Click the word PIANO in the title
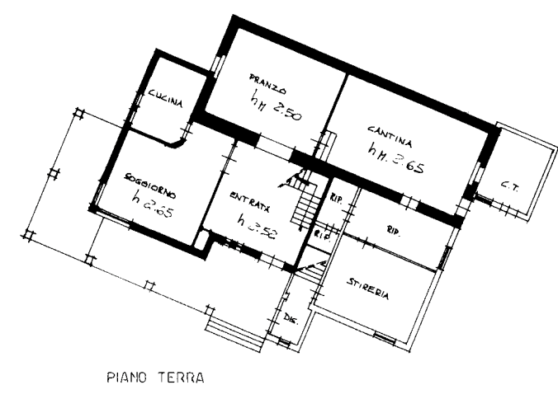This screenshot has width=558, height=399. tap(126, 378)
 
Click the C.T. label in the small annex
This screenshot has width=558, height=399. tap(509, 186)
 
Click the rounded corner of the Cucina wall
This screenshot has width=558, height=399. tap(178, 142)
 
